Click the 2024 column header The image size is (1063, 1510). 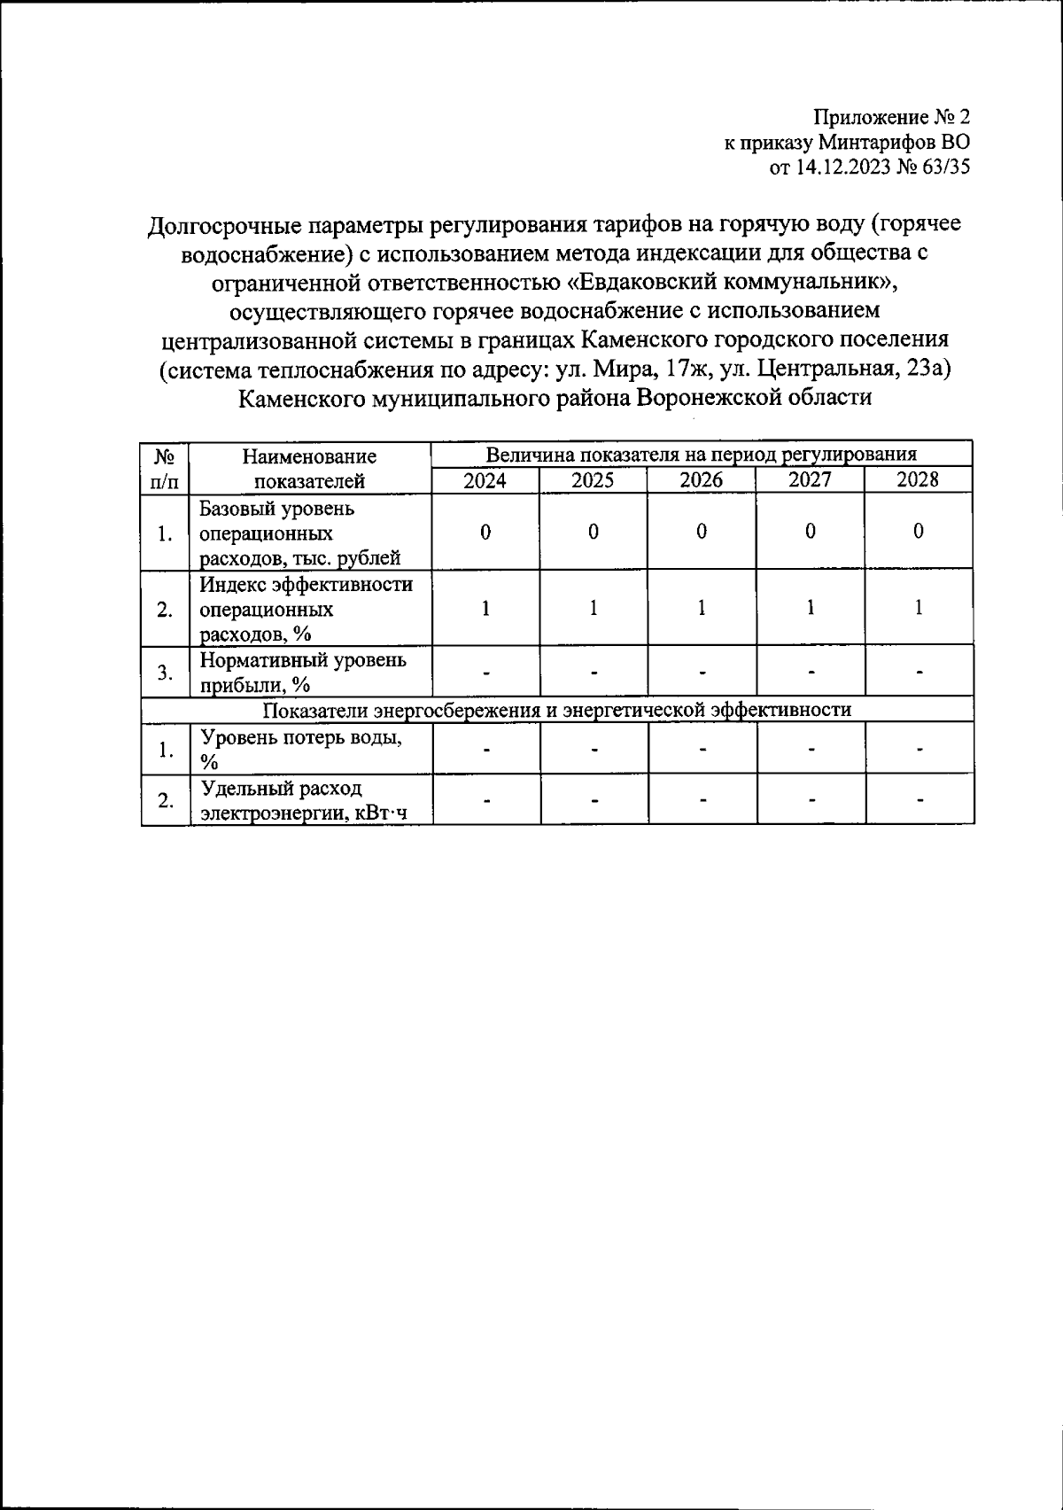(485, 480)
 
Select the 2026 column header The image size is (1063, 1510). (701, 480)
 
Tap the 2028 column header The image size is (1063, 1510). (918, 480)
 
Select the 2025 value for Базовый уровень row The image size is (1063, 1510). (594, 532)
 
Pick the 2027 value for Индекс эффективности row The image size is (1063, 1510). (810, 608)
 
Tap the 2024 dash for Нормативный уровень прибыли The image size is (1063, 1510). (485, 672)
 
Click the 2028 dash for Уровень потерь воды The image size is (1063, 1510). (920, 750)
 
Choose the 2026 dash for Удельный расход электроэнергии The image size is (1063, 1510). (702, 800)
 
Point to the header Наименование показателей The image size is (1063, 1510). (309, 469)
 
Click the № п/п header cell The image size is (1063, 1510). (165, 469)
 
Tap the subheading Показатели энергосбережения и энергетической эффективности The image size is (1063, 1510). (557, 710)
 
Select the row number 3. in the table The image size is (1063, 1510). (165, 673)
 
